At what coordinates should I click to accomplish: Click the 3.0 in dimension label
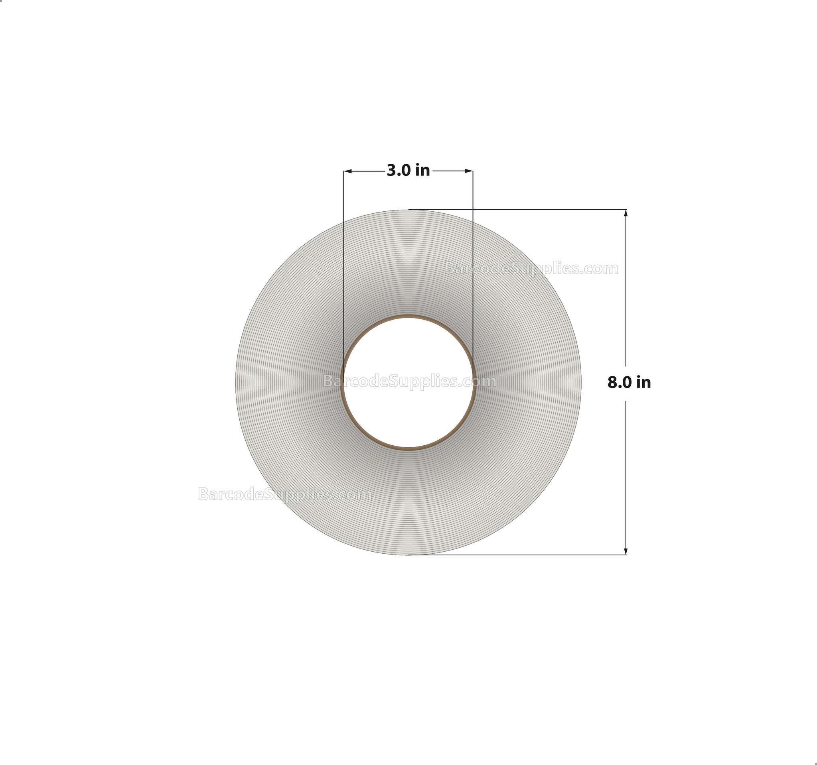(408, 170)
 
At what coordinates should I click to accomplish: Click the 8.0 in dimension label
(629, 383)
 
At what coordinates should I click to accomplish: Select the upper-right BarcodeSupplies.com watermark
(531, 269)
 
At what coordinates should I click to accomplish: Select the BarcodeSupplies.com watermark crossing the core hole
(409, 382)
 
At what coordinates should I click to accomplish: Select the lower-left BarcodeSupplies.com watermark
(284, 494)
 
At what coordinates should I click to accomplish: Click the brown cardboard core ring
(408, 317)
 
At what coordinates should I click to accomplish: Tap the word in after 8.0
(643, 383)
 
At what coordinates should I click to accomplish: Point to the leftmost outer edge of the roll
(236, 382)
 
